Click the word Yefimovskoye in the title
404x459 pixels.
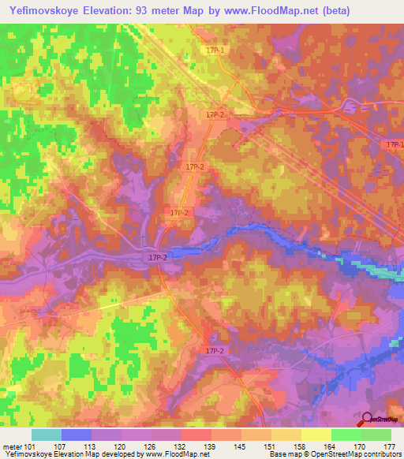point(43,10)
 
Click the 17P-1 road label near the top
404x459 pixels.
point(215,50)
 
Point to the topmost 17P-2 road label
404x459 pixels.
point(215,115)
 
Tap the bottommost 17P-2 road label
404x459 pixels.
point(215,350)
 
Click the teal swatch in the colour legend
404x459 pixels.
point(47,435)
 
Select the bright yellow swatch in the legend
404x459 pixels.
point(316,435)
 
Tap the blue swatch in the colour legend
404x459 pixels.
point(77,435)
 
